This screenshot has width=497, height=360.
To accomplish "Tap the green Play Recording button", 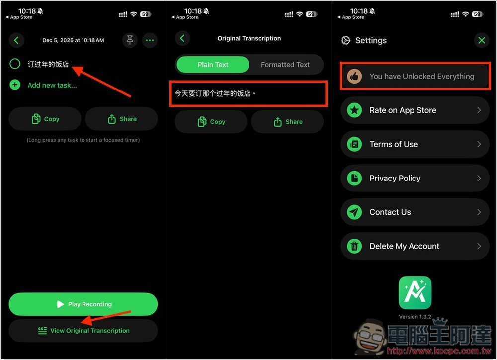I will pyautogui.click(x=83, y=304).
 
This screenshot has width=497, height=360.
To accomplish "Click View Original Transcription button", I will pyautogui.click(x=83, y=330).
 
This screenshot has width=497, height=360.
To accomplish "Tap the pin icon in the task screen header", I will pyautogui.click(x=130, y=40).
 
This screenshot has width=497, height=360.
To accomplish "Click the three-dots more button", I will pyautogui.click(x=150, y=40).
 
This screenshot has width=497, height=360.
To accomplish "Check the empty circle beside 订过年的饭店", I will pyautogui.click(x=15, y=64).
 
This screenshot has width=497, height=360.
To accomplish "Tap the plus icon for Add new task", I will pyautogui.click(x=15, y=85).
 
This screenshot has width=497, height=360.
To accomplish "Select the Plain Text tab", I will pyautogui.click(x=213, y=64).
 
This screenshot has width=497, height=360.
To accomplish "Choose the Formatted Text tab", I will pyautogui.click(x=285, y=64).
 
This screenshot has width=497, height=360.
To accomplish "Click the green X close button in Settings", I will pyautogui.click(x=481, y=40).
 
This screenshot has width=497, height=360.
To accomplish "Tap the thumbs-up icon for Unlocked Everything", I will pyautogui.click(x=354, y=76).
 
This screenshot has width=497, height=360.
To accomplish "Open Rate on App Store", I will pyautogui.click(x=415, y=110).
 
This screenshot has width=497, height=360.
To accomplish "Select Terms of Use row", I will pyautogui.click(x=415, y=144).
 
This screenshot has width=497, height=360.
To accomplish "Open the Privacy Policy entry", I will pyautogui.click(x=415, y=178).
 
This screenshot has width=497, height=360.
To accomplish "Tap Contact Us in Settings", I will pyautogui.click(x=415, y=212).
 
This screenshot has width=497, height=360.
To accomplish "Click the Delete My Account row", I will pyautogui.click(x=415, y=246).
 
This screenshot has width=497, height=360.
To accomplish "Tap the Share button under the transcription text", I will pyautogui.click(x=287, y=122).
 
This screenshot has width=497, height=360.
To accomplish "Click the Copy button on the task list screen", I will pyautogui.click(x=45, y=119).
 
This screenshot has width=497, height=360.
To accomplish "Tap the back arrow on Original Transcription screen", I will pyautogui.click(x=182, y=38).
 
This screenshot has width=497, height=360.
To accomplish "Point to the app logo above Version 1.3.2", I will pyautogui.click(x=415, y=293).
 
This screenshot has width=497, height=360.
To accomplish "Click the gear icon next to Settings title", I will pyautogui.click(x=346, y=40).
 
